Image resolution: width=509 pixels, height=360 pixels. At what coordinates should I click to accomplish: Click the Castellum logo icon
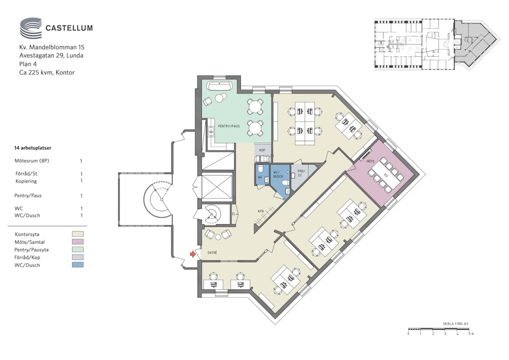tap(31, 28)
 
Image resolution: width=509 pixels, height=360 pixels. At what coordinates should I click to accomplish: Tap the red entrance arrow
tap(193, 254)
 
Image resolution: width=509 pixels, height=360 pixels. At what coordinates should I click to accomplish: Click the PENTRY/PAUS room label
tap(229, 126)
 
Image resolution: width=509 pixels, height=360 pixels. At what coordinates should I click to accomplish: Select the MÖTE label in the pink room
tap(370, 161)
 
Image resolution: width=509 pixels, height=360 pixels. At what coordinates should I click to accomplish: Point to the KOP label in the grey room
tap(262, 150)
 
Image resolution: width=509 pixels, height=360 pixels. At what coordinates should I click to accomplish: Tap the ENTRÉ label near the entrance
tap(212, 252)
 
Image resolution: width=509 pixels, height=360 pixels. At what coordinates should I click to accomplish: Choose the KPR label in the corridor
tap(260, 211)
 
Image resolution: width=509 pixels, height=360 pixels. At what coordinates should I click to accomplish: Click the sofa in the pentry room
tap(219, 86)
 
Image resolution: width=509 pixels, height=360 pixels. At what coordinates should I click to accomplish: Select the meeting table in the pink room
tap(386, 175)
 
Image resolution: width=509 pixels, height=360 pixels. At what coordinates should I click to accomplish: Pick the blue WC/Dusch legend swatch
tap(78, 265)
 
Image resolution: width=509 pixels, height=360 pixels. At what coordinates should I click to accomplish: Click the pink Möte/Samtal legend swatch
tap(78, 242)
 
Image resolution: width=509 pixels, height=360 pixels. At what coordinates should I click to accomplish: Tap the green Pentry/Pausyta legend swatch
tap(78, 249)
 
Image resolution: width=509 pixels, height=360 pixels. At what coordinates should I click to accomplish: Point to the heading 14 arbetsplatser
tap(32, 148)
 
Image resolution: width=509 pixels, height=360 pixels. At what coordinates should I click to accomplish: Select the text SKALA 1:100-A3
tap(455, 324)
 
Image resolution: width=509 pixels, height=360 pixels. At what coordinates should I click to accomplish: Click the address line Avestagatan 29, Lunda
tap(52, 55)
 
